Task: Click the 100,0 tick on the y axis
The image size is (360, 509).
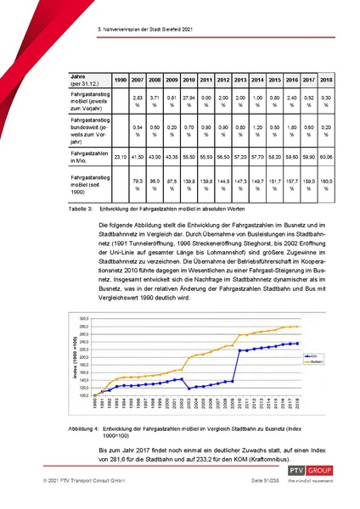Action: (x=109, y=395)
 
